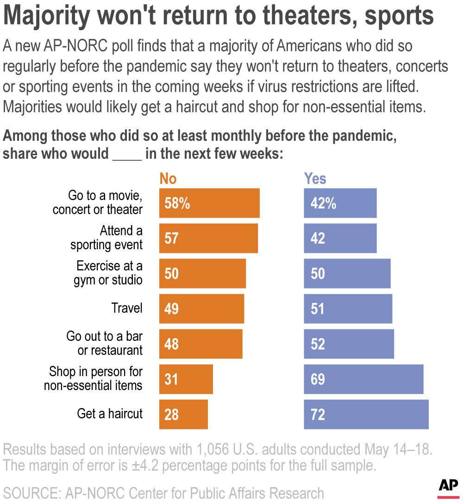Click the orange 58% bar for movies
coord(209,203)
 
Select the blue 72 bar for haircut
coord(366,414)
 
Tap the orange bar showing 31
coord(186,379)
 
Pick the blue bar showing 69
coord(363,379)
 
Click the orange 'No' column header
coord(168,178)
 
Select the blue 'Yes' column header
coord(315,178)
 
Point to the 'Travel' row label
coord(127,308)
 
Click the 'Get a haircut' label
coord(110,414)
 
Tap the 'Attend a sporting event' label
coord(106,238)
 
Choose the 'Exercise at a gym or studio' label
coord(108,273)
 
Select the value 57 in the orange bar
coord(171,238)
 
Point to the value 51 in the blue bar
coord(318,308)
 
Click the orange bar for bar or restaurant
coord(200,344)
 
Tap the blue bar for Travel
coord(348,308)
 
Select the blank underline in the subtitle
coord(127,155)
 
